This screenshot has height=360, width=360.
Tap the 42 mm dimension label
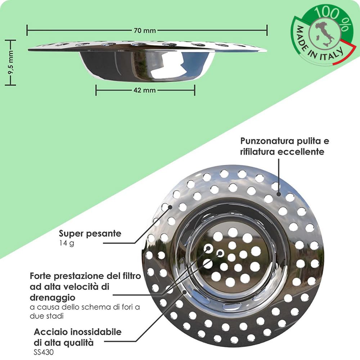coord(145,90)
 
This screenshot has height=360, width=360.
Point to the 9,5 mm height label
coord(10,62)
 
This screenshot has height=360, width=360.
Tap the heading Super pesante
coord(90,233)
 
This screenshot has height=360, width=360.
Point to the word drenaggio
coord(53,297)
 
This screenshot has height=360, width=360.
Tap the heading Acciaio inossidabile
coord(77,332)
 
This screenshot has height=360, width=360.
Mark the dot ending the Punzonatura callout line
coord(279,194)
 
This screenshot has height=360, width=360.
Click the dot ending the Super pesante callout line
coord(171,206)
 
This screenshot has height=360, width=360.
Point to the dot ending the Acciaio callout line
coord(185,292)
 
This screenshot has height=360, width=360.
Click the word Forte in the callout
coord(40,276)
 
